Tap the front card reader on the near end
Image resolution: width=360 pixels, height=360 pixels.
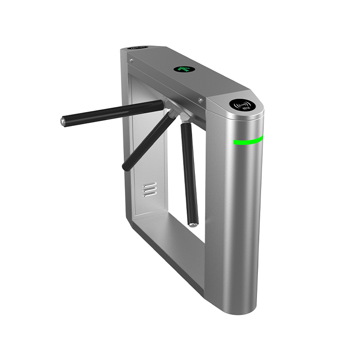click(243, 105)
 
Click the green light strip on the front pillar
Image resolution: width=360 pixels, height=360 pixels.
click(248, 141)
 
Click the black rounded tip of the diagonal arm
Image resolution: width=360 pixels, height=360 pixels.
click(126, 166)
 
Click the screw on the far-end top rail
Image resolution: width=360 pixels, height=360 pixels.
click(131, 59)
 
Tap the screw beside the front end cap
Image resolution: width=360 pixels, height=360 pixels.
click(200, 100)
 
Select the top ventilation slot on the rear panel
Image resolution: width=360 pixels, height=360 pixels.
click(150, 184)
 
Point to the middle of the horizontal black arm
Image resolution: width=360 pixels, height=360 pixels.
click(112, 112)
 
